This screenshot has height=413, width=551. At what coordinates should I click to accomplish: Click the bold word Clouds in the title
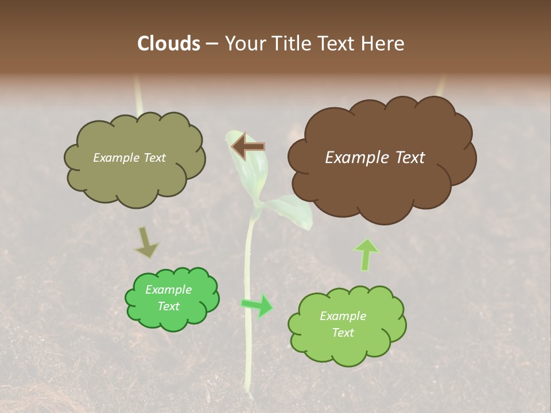(169, 44)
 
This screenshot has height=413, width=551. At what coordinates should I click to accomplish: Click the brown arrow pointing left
(249, 147)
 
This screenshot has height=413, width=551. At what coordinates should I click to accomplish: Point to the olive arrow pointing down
(146, 243)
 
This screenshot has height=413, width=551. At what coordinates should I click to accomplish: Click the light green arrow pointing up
(366, 254)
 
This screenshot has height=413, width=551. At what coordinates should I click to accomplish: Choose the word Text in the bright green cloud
(169, 306)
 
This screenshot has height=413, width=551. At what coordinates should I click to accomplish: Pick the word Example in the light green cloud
(343, 316)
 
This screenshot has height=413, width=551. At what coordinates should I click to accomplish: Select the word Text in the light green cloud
(343, 333)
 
